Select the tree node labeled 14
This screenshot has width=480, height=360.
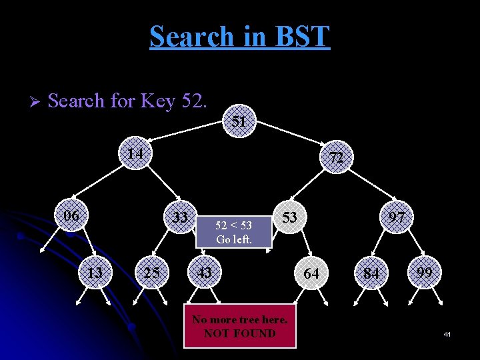[x=136, y=154]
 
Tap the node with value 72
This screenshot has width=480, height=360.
[x=336, y=158]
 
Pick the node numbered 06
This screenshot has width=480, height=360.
[x=70, y=216]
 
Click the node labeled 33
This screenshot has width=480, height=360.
[x=179, y=217]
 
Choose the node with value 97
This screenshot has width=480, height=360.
[x=398, y=217]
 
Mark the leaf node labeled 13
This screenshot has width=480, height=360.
[x=95, y=272]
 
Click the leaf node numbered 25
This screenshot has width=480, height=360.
[x=151, y=272]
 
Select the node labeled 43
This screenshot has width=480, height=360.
[x=205, y=272]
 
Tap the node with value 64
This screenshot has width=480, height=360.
[x=311, y=273]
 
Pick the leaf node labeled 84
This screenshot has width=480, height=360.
[x=371, y=273]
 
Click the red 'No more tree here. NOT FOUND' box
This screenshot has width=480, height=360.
[x=239, y=326]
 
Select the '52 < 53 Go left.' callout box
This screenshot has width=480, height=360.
[x=233, y=233]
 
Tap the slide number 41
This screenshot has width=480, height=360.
[x=447, y=333]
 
